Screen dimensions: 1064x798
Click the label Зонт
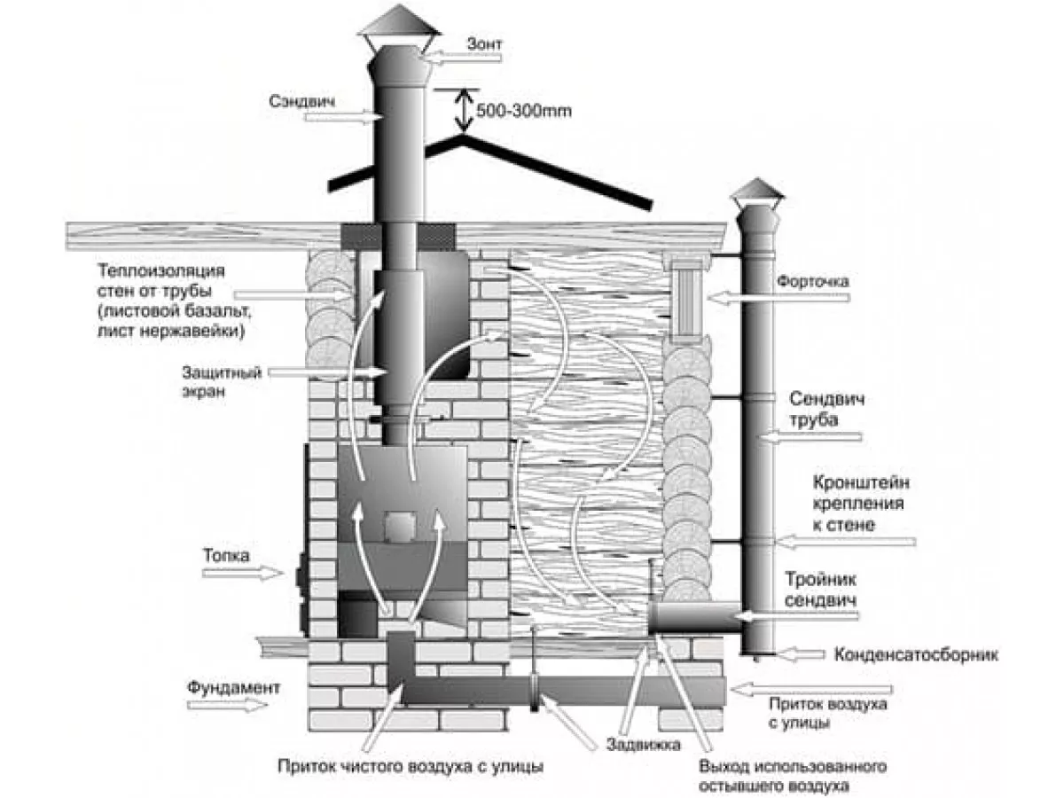point(484,43)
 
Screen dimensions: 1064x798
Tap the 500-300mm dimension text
point(523,111)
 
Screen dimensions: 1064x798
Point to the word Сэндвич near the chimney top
point(302,101)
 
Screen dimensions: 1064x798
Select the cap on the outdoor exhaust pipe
point(756,191)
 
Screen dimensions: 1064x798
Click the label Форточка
point(813,281)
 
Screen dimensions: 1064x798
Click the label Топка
point(226,555)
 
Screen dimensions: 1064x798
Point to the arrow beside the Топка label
point(242,573)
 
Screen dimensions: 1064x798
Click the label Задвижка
point(643,744)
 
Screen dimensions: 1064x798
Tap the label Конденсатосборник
point(916,654)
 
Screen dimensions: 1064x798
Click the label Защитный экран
point(222,382)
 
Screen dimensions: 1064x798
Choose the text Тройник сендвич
point(820,590)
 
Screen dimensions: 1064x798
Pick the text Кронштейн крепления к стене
point(860,504)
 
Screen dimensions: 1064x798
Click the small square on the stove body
point(399,526)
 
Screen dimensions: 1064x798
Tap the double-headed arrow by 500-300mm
point(464,111)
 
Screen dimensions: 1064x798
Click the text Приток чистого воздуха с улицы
point(411,766)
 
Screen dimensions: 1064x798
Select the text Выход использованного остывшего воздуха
point(793,776)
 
